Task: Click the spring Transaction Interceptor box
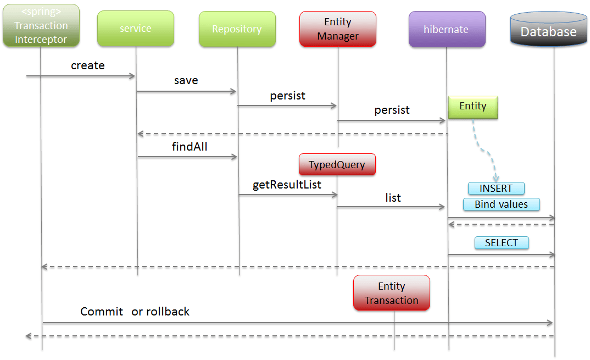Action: pyautogui.click(x=41, y=25)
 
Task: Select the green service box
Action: pyautogui.click(x=135, y=29)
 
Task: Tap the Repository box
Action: pyautogui.click(x=237, y=29)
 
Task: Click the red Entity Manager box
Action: pyautogui.click(x=338, y=29)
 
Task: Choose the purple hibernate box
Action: pyautogui.click(x=447, y=29)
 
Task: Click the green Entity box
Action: pyautogui.click(x=472, y=107)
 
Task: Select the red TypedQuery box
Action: pyautogui.click(x=337, y=164)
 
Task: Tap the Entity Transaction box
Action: pyautogui.click(x=391, y=293)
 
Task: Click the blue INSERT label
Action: pyautogui.click(x=496, y=189)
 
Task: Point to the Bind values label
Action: pyautogui.click(x=501, y=204)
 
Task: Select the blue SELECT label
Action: pyautogui.click(x=501, y=243)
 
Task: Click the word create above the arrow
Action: pyautogui.click(x=88, y=65)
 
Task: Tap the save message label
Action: pyautogui.click(x=186, y=80)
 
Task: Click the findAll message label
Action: pyautogui.click(x=189, y=147)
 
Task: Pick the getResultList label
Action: pyautogui.click(x=287, y=185)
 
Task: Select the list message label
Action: pyautogui.click(x=393, y=198)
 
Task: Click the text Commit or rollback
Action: pyautogui.click(x=135, y=312)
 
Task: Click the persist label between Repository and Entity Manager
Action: pyautogui.click(x=287, y=96)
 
